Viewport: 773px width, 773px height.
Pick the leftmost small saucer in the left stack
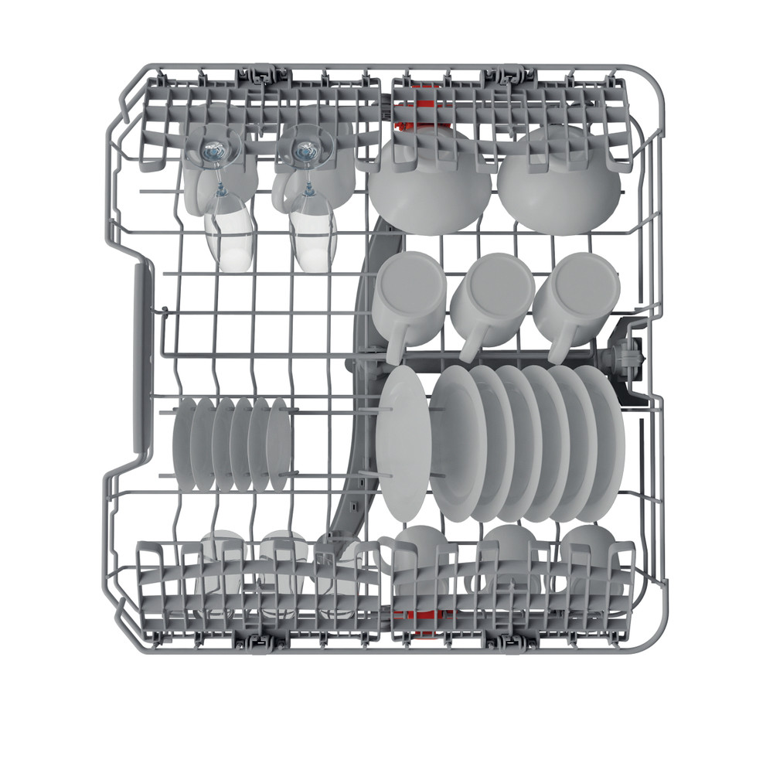pyautogui.click(x=184, y=444)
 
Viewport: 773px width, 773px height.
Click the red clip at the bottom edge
pyautogui.click(x=417, y=615)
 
